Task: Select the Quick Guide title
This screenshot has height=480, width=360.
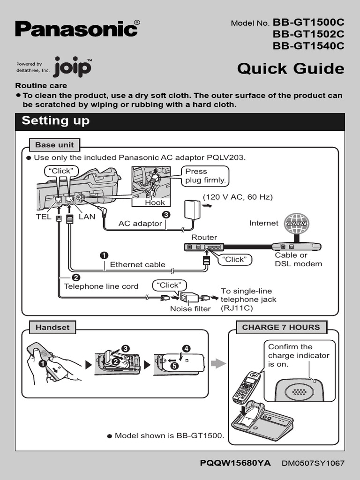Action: (290, 68)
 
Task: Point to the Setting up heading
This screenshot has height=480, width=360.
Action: (56, 120)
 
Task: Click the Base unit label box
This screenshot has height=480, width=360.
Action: (54, 145)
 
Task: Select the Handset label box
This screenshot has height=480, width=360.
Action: (52, 327)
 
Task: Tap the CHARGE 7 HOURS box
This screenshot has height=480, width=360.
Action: (281, 327)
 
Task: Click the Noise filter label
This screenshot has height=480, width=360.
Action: (190, 309)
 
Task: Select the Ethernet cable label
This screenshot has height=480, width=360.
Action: (137, 264)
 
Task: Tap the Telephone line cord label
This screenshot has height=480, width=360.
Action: (101, 286)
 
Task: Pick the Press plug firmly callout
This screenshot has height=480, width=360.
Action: (205, 176)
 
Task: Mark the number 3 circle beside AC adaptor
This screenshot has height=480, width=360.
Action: (165, 214)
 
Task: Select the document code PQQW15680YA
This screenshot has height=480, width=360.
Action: (235, 463)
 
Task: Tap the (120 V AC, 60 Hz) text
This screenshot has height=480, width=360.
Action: (237, 197)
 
